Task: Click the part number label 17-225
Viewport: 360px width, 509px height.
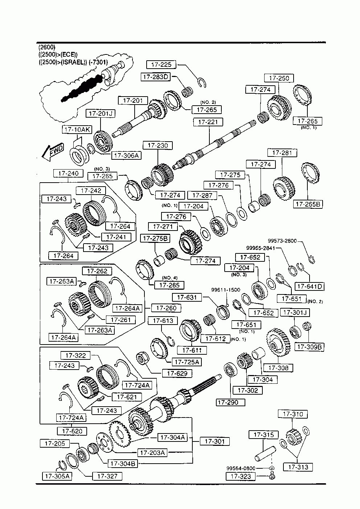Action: pos(161,65)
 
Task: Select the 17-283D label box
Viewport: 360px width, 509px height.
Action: pos(156,77)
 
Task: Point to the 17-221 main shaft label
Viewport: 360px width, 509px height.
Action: pos(208,122)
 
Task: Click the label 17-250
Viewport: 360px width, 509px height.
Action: pos(279,78)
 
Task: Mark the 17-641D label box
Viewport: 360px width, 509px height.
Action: pos(310,286)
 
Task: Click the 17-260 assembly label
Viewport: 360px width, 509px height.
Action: pos(166,308)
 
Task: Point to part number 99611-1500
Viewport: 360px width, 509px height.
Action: pos(226,290)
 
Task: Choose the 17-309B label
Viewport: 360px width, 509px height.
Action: pos(309,347)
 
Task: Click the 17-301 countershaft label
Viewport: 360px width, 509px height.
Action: pos(214,441)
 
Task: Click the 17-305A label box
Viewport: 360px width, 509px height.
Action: pos(57,476)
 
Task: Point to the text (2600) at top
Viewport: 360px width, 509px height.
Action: pos(46,47)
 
